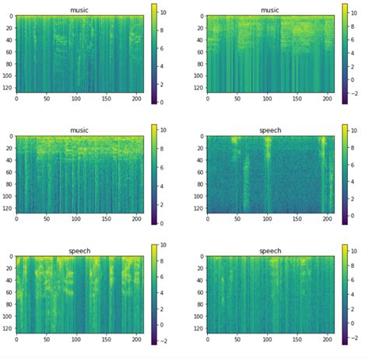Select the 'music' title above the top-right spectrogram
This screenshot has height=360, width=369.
click(269, 10)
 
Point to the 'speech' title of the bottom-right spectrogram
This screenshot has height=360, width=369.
click(269, 251)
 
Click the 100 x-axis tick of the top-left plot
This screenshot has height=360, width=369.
click(76, 99)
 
